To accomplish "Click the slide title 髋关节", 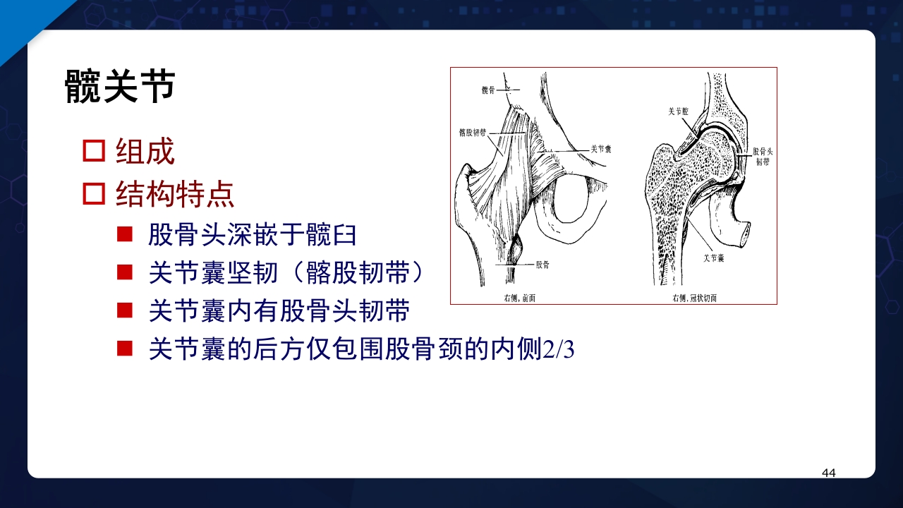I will click(x=119, y=87).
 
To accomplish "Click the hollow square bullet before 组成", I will click(x=94, y=152).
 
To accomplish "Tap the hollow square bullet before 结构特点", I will click(x=94, y=193).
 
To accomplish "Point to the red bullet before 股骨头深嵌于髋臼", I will click(x=125, y=234).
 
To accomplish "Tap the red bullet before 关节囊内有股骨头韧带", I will click(x=125, y=310).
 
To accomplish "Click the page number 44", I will click(x=829, y=473).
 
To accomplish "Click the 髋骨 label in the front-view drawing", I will click(x=489, y=90).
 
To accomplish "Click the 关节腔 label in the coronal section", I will click(x=681, y=111).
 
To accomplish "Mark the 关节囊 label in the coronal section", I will click(x=714, y=258).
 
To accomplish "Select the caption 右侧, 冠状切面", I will click(x=694, y=298).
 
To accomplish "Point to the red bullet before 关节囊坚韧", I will click(x=125, y=272).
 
